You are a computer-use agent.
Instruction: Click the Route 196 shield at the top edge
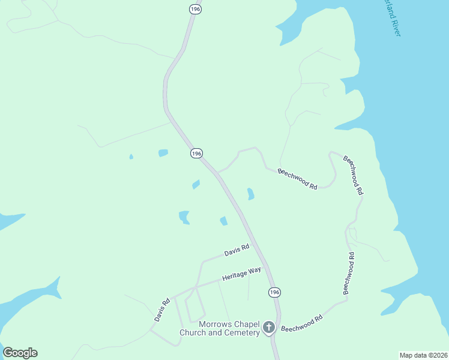pyautogui.click(x=194, y=8)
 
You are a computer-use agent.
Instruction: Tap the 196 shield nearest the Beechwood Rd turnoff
pyautogui.click(x=196, y=154)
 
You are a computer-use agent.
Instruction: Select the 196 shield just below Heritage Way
pyautogui.click(x=274, y=292)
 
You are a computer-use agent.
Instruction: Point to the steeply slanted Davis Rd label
pyautogui.click(x=162, y=310)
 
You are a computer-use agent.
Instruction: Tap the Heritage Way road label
pyautogui.click(x=241, y=274)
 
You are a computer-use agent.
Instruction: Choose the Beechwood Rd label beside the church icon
pyautogui.click(x=302, y=323)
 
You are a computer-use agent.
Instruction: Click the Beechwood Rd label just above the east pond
pyautogui.click(x=297, y=179)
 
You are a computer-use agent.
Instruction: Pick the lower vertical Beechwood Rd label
pyautogui.click(x=349, y=273)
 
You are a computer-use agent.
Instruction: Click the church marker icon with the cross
pyautogui.click(x=268, y=328)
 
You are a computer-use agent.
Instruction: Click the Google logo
pyautogui.click(x=20, y=353)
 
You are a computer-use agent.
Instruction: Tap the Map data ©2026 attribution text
pyautogui.click(x=423, y=355)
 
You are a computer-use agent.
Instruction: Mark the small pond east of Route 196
pyautogui.click(x=250, y=194)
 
